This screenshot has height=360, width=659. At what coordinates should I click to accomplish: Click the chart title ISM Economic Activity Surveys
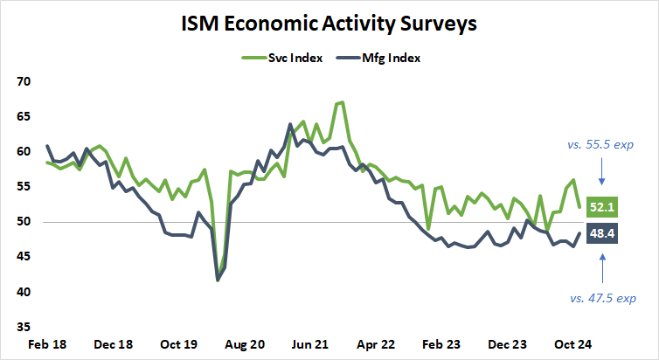click(329, 23)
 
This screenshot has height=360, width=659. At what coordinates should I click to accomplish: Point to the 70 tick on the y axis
click(23, 81)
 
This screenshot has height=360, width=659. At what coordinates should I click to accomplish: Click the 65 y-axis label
click(23, 116)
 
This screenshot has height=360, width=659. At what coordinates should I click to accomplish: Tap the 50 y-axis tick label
click(23, 222)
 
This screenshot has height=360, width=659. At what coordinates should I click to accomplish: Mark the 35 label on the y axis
click(23, 327)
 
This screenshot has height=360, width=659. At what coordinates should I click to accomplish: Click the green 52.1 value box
click(603, 208)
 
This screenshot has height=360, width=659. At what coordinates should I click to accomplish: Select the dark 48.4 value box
click(603, 234)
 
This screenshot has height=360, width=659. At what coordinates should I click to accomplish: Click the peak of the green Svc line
click(341, 102)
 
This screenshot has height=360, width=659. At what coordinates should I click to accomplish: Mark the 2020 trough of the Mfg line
click(218, 280)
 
